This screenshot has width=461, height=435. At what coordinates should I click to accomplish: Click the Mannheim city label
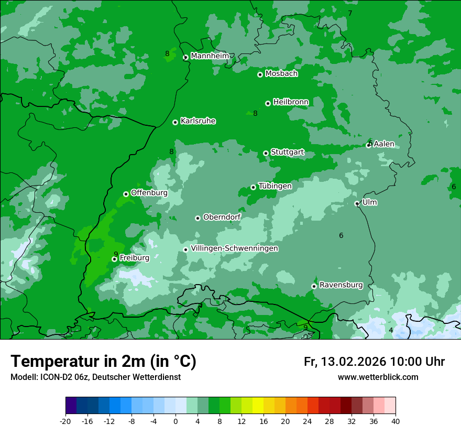210,56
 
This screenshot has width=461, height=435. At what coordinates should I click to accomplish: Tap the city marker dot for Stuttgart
266,153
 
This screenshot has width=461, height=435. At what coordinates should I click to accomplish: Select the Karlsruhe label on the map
197,121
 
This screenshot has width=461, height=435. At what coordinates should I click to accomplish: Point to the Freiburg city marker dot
114,259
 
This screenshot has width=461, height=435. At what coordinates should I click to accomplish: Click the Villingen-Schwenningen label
234,248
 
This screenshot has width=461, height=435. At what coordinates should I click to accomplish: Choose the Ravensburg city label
341,285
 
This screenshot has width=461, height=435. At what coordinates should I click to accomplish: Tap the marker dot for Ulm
357,203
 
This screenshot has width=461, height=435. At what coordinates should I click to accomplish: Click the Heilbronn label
290,102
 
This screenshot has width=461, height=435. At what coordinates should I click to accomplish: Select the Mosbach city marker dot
260,74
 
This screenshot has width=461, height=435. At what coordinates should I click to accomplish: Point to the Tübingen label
275,186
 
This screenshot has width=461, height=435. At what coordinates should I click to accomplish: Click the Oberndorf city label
222,217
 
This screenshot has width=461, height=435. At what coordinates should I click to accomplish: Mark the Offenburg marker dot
126,194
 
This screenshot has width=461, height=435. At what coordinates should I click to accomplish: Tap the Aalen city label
383,144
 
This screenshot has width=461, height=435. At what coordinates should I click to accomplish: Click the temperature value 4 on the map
391,330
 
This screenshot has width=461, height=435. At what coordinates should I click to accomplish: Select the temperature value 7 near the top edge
350,13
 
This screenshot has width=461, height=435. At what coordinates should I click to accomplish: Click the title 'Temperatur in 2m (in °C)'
103,361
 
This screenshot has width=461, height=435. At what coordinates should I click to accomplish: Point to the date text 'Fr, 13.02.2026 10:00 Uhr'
374,362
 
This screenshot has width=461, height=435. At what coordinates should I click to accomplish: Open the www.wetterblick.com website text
378,377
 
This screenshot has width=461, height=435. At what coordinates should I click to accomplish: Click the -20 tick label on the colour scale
65,421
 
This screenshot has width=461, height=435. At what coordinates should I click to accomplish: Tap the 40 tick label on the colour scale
395,421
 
